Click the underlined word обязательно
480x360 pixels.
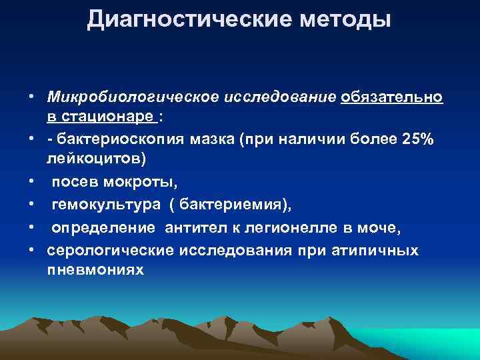[x=391, y=99]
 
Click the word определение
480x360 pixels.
[x=99, y=229]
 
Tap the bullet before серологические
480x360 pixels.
[x=32, y=251]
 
